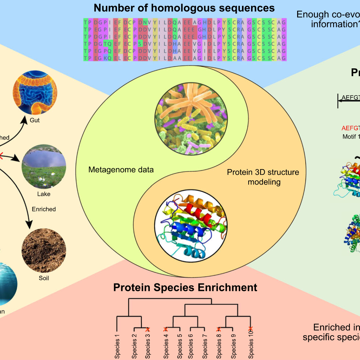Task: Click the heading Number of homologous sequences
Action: coord(184,8)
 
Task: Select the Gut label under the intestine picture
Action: coord(35,120)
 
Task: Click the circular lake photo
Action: coord(44,166)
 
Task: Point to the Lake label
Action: coord(44,194)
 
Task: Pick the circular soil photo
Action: coord(44,250)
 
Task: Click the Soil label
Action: coord(44,278)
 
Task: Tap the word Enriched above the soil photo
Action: coord(44,209)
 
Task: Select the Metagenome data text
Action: coord(121,170)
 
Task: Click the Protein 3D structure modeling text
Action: coord(263,177)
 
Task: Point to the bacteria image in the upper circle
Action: coord(191,118)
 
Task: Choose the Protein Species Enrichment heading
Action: coord(185,287)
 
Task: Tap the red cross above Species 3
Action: coord(148,329)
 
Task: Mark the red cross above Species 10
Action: coord(250,329)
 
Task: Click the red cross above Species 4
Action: coord(166,329)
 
